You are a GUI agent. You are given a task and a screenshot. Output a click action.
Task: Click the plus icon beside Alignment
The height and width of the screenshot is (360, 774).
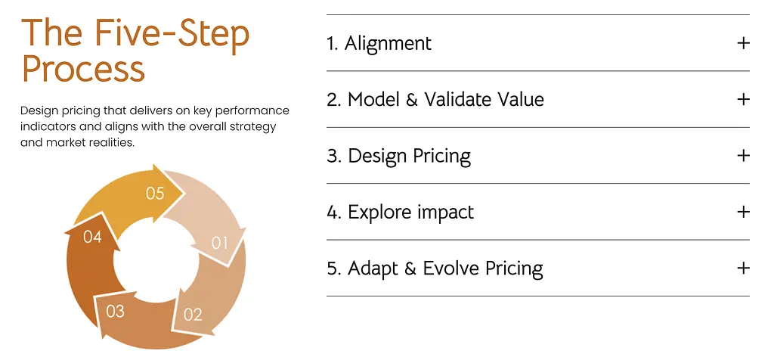743,43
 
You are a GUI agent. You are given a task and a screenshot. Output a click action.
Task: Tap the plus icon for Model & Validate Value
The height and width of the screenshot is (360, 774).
743,99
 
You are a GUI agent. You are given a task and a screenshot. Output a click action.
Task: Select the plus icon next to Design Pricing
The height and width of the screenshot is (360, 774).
743,156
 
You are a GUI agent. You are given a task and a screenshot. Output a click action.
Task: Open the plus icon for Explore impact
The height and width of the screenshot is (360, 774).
743,212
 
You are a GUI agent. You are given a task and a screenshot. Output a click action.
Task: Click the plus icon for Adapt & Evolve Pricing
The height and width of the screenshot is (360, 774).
743,268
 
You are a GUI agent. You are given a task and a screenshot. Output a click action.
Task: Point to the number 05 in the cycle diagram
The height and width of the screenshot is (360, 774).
154,193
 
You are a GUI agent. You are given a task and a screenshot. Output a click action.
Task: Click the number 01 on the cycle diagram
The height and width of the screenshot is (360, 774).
220,243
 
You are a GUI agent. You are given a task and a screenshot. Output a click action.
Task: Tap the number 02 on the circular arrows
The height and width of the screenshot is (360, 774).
193,314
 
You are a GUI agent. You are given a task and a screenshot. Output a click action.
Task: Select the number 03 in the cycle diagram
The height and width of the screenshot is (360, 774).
115,311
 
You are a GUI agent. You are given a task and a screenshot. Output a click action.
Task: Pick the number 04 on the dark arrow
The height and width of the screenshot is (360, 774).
92,237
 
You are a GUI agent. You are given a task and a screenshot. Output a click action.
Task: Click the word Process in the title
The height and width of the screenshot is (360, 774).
83,69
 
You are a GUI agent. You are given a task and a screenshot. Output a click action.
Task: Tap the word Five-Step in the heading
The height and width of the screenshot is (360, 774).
173,33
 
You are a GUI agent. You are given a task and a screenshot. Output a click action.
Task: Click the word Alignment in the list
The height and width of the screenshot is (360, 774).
388,43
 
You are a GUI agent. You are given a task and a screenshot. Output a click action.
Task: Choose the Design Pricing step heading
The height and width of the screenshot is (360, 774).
399,156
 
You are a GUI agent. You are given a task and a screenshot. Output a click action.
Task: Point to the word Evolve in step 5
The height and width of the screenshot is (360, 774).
451,268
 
